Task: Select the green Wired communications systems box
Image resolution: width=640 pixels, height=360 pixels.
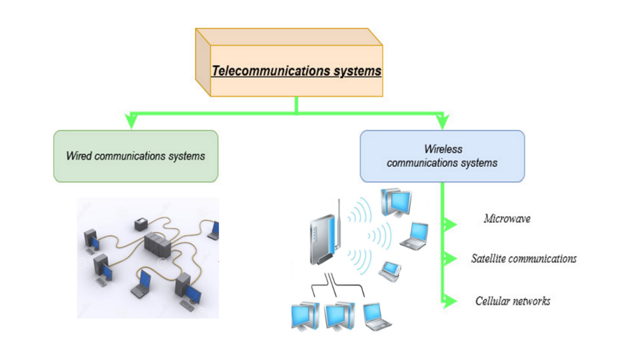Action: coord(136,156)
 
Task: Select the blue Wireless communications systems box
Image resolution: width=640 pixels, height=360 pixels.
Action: coord(442,156)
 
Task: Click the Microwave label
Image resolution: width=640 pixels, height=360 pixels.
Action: coord(507,219)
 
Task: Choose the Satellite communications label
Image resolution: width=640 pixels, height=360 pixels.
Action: coord(523,259)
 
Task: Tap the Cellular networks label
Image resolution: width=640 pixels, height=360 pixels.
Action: coord(513,301)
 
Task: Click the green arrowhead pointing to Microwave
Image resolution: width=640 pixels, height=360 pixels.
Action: coord(451,224)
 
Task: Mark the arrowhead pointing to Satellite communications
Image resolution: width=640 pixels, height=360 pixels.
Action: coord(451,259)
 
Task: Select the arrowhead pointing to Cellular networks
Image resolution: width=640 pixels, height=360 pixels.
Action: coord(451,300)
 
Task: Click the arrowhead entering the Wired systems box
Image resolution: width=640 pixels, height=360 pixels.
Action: coord(131,122)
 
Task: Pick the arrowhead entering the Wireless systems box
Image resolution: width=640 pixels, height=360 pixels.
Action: coord(443,122)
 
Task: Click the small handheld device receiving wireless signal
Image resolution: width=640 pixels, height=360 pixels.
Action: coord(390,271)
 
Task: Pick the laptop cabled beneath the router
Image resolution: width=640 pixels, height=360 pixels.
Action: coord(376,315)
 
